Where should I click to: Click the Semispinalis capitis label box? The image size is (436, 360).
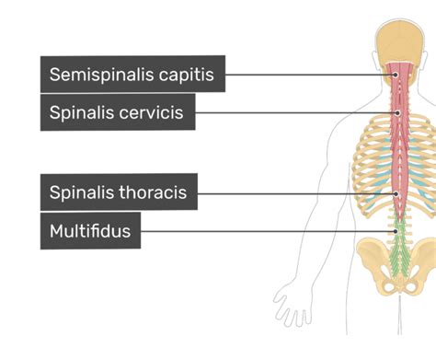click(132, 75)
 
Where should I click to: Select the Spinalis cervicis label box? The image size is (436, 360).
click(118, 113)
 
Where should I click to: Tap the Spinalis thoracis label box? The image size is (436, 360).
click(119, 192)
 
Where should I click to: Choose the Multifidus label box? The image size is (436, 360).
click(90, 231)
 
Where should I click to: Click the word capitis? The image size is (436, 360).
click(186, 75)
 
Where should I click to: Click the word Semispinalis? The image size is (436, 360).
click(101, 75)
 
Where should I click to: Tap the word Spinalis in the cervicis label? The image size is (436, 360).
click(82, 113)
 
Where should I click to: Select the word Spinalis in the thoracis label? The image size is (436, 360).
click(82, 192)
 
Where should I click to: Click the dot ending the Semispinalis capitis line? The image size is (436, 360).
click(396, 75)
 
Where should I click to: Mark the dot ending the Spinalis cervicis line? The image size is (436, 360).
click(397, 113)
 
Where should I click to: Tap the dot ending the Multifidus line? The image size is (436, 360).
click(396, 231)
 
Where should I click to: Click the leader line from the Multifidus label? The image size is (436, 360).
click(267, 231)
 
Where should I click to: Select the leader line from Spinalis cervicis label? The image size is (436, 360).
click(294, 113)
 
